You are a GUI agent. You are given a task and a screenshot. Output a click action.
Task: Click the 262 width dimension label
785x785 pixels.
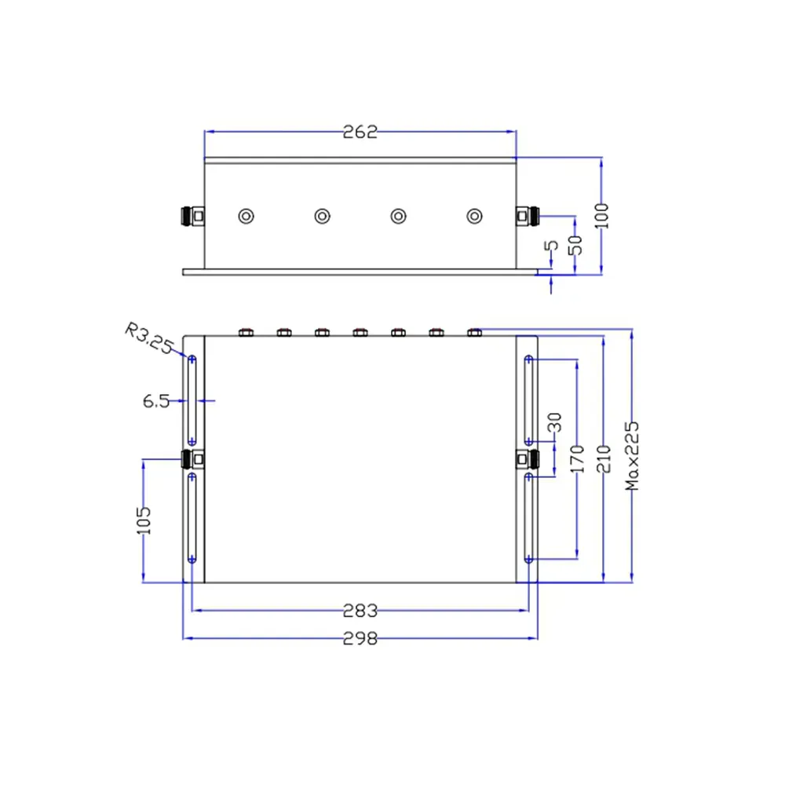coord(360,132)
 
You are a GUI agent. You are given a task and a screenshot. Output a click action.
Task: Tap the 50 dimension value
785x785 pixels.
coord(575,244)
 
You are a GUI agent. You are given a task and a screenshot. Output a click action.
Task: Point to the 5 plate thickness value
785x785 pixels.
coord(552,246)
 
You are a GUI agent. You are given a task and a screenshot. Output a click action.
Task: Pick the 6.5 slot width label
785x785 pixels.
coord(155,401)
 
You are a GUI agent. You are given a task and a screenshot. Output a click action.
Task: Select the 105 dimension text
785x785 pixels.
coord(144,520)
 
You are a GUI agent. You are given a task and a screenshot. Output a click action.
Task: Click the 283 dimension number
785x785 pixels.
coord(360,610)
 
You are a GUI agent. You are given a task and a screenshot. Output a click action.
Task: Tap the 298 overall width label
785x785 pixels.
coord(360,637)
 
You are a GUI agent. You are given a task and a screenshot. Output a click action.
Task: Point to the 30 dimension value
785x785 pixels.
coord(557,424)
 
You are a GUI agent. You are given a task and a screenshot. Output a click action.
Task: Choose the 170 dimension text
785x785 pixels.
coord(578,459)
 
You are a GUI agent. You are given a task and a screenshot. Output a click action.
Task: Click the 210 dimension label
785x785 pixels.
coord(603,459)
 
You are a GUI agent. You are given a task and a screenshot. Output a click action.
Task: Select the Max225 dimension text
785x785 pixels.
coord(633,456)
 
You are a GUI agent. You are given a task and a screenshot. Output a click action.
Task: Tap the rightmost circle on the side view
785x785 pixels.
coord(473,216)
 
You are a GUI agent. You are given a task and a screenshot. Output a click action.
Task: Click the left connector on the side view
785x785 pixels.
coord(192,216)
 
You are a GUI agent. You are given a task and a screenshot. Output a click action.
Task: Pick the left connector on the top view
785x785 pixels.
coord(192,458)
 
